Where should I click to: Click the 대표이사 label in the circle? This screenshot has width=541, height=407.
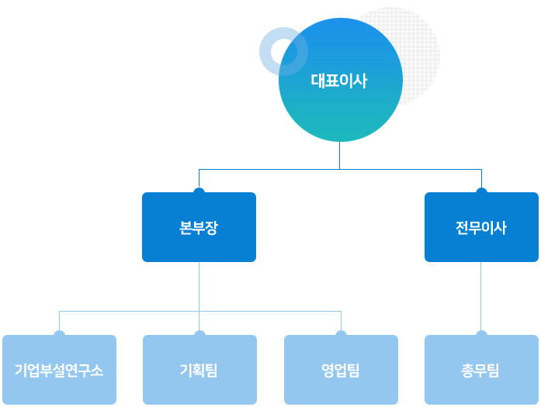point(339,81)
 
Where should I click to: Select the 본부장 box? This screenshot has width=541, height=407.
point(199,227)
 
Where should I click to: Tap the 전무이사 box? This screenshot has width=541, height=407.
point(481,227)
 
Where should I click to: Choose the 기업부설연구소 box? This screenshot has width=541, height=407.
point(59,370)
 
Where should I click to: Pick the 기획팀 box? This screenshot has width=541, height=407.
point(199,370)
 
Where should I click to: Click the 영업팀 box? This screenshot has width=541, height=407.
point(341,370)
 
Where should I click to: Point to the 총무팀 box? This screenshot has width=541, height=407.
point(481,370)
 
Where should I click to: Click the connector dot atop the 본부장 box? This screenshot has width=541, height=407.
point(199,191)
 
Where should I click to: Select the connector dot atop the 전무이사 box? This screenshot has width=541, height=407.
point(481,191)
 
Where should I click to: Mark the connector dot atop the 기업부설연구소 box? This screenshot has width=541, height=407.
point(59,333)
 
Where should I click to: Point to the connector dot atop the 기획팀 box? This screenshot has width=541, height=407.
point(199,333)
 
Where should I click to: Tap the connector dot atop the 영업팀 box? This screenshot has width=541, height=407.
point(341,333)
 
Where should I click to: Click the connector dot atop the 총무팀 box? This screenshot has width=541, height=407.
point(481,333)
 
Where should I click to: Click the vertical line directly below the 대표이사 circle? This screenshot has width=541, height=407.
point(339,155)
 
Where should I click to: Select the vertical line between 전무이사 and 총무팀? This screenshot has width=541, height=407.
point(481,296)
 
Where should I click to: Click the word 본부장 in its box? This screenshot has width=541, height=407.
point(199,228)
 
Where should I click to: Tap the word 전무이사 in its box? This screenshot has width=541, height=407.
point(481,228)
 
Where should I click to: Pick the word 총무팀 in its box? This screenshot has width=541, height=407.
point(480,371)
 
